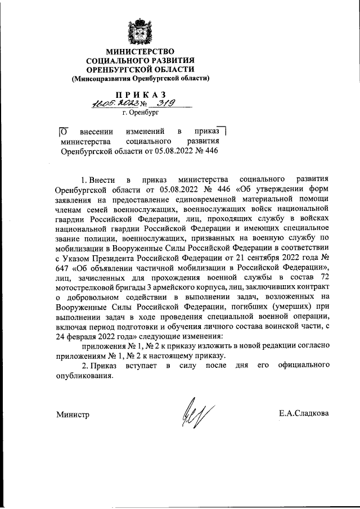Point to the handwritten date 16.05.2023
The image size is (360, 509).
(x=110, y=104)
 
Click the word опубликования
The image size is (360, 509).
(x=85, y=377)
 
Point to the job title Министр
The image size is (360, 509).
(x=73, y=415)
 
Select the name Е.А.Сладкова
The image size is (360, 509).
(x=304, y=415)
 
